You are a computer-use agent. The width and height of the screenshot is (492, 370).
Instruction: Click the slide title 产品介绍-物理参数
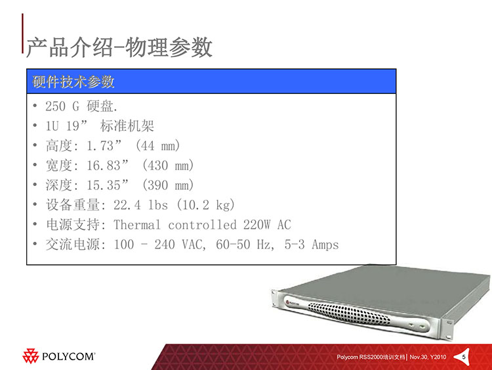click(x=119, y=47)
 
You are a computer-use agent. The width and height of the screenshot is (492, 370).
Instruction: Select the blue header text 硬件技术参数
click(x=73, y=81)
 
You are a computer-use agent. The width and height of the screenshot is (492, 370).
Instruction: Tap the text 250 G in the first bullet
click(x=62, y=106)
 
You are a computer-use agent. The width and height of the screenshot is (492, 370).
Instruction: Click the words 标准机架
click(x=127, y=126)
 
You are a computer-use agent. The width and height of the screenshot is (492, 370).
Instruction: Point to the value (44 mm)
click(x=158, y=145)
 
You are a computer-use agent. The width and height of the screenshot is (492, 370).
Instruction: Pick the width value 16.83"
click(x=108, y=166)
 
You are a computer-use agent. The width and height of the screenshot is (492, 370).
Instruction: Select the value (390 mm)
click(x=168, y=185)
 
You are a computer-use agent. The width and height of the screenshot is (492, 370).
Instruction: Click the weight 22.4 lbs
click(x=140, y=205)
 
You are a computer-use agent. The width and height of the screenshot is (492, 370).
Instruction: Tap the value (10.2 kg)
click(x=205, y=205)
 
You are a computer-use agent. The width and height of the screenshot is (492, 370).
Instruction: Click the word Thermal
click(x=137, y=225)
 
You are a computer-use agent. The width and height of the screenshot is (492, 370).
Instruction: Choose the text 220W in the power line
click(x=256, y=225)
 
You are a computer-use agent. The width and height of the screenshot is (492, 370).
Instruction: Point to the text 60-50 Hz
click(x=245, y=244)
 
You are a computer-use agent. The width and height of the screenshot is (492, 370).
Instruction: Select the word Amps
click(x=325, y=244)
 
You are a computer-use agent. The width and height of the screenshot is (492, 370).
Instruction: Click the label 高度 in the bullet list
click(x=59, y=145)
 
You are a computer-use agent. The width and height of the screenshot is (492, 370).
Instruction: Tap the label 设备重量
click(x=73, y=205)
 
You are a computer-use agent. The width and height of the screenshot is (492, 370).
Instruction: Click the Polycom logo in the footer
click(x=58, y=356)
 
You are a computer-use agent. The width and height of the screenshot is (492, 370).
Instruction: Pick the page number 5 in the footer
click(x=464, y=357)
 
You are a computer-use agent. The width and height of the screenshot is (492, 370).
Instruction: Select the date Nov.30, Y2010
click(x=428, y=357)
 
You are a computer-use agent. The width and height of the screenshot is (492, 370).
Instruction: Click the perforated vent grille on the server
click(x=349, y=313)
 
